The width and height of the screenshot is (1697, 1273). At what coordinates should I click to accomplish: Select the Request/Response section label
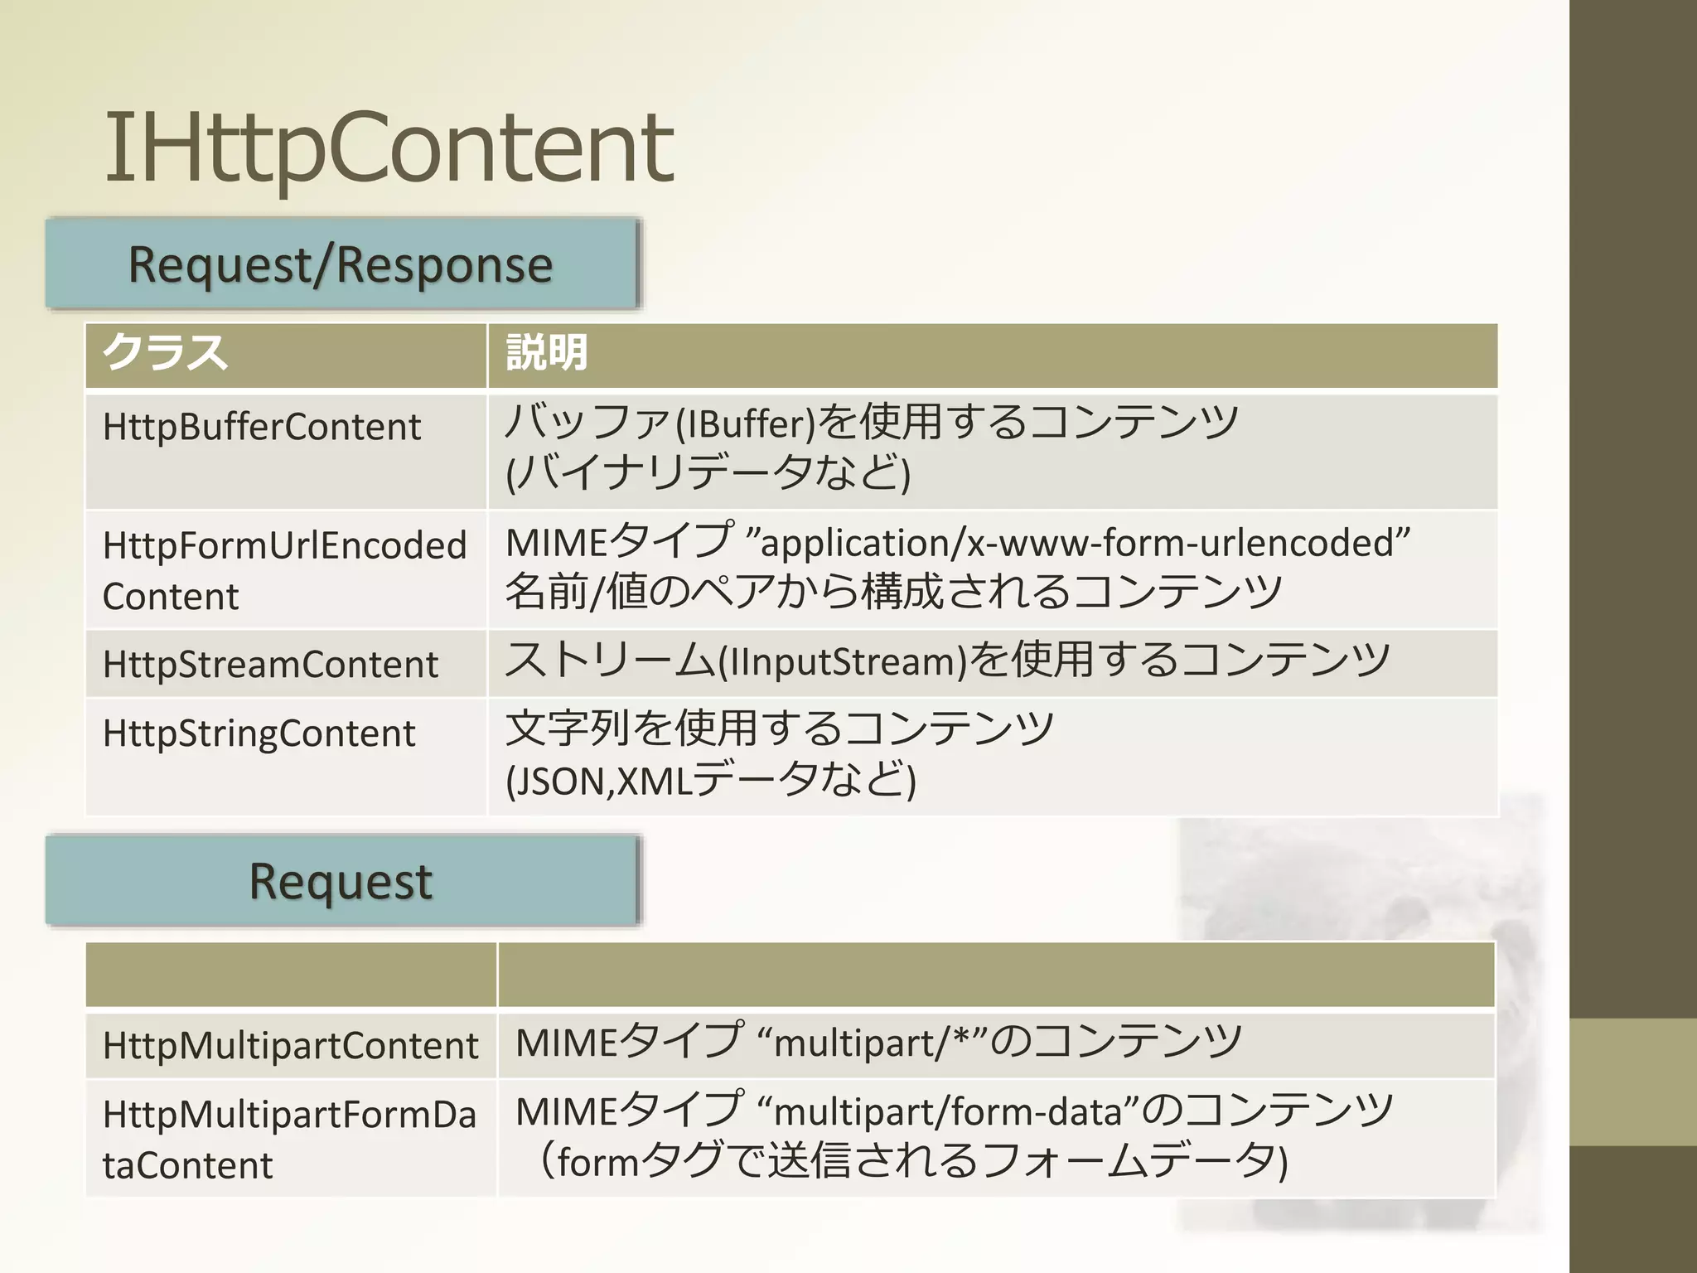pos(341,265)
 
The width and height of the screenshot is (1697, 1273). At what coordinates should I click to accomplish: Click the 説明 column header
pos(547,354)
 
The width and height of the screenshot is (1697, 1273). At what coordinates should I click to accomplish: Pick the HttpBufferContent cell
pos(262,428)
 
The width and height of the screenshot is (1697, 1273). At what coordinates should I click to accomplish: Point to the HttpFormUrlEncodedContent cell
pos(284,570)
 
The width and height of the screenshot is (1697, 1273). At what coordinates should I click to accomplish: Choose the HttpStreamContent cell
pos(270,665)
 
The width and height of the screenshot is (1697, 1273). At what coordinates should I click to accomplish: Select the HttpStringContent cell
pos(259,733)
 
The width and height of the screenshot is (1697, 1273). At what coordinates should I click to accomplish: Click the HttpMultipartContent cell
pos(290,1046)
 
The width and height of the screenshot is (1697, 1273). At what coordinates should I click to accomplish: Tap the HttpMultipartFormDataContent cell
pos(289,1139)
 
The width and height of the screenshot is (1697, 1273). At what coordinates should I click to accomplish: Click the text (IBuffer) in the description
pos(745,424)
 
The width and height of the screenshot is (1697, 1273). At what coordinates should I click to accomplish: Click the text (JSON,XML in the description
pos(597,782)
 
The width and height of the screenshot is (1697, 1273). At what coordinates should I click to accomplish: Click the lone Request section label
pos(341,881)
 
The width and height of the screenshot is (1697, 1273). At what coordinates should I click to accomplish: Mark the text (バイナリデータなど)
pos(708,473)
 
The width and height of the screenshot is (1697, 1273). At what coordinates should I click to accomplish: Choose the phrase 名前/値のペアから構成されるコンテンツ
pos(893,593)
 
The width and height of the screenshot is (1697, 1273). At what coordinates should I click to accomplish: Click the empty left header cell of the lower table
pos(291,975)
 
